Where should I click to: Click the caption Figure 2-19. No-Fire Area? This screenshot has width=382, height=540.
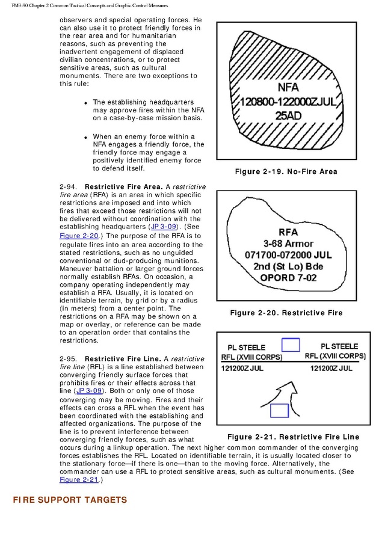(x=286, y=171)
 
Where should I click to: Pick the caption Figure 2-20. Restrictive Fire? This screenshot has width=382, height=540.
(x=286, y=313)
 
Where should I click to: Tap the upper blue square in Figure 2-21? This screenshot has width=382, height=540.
(x=291, y=345)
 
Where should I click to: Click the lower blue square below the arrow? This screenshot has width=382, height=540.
(x=280, y=411)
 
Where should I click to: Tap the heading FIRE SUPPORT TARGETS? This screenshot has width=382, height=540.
(x=70, y=500)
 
